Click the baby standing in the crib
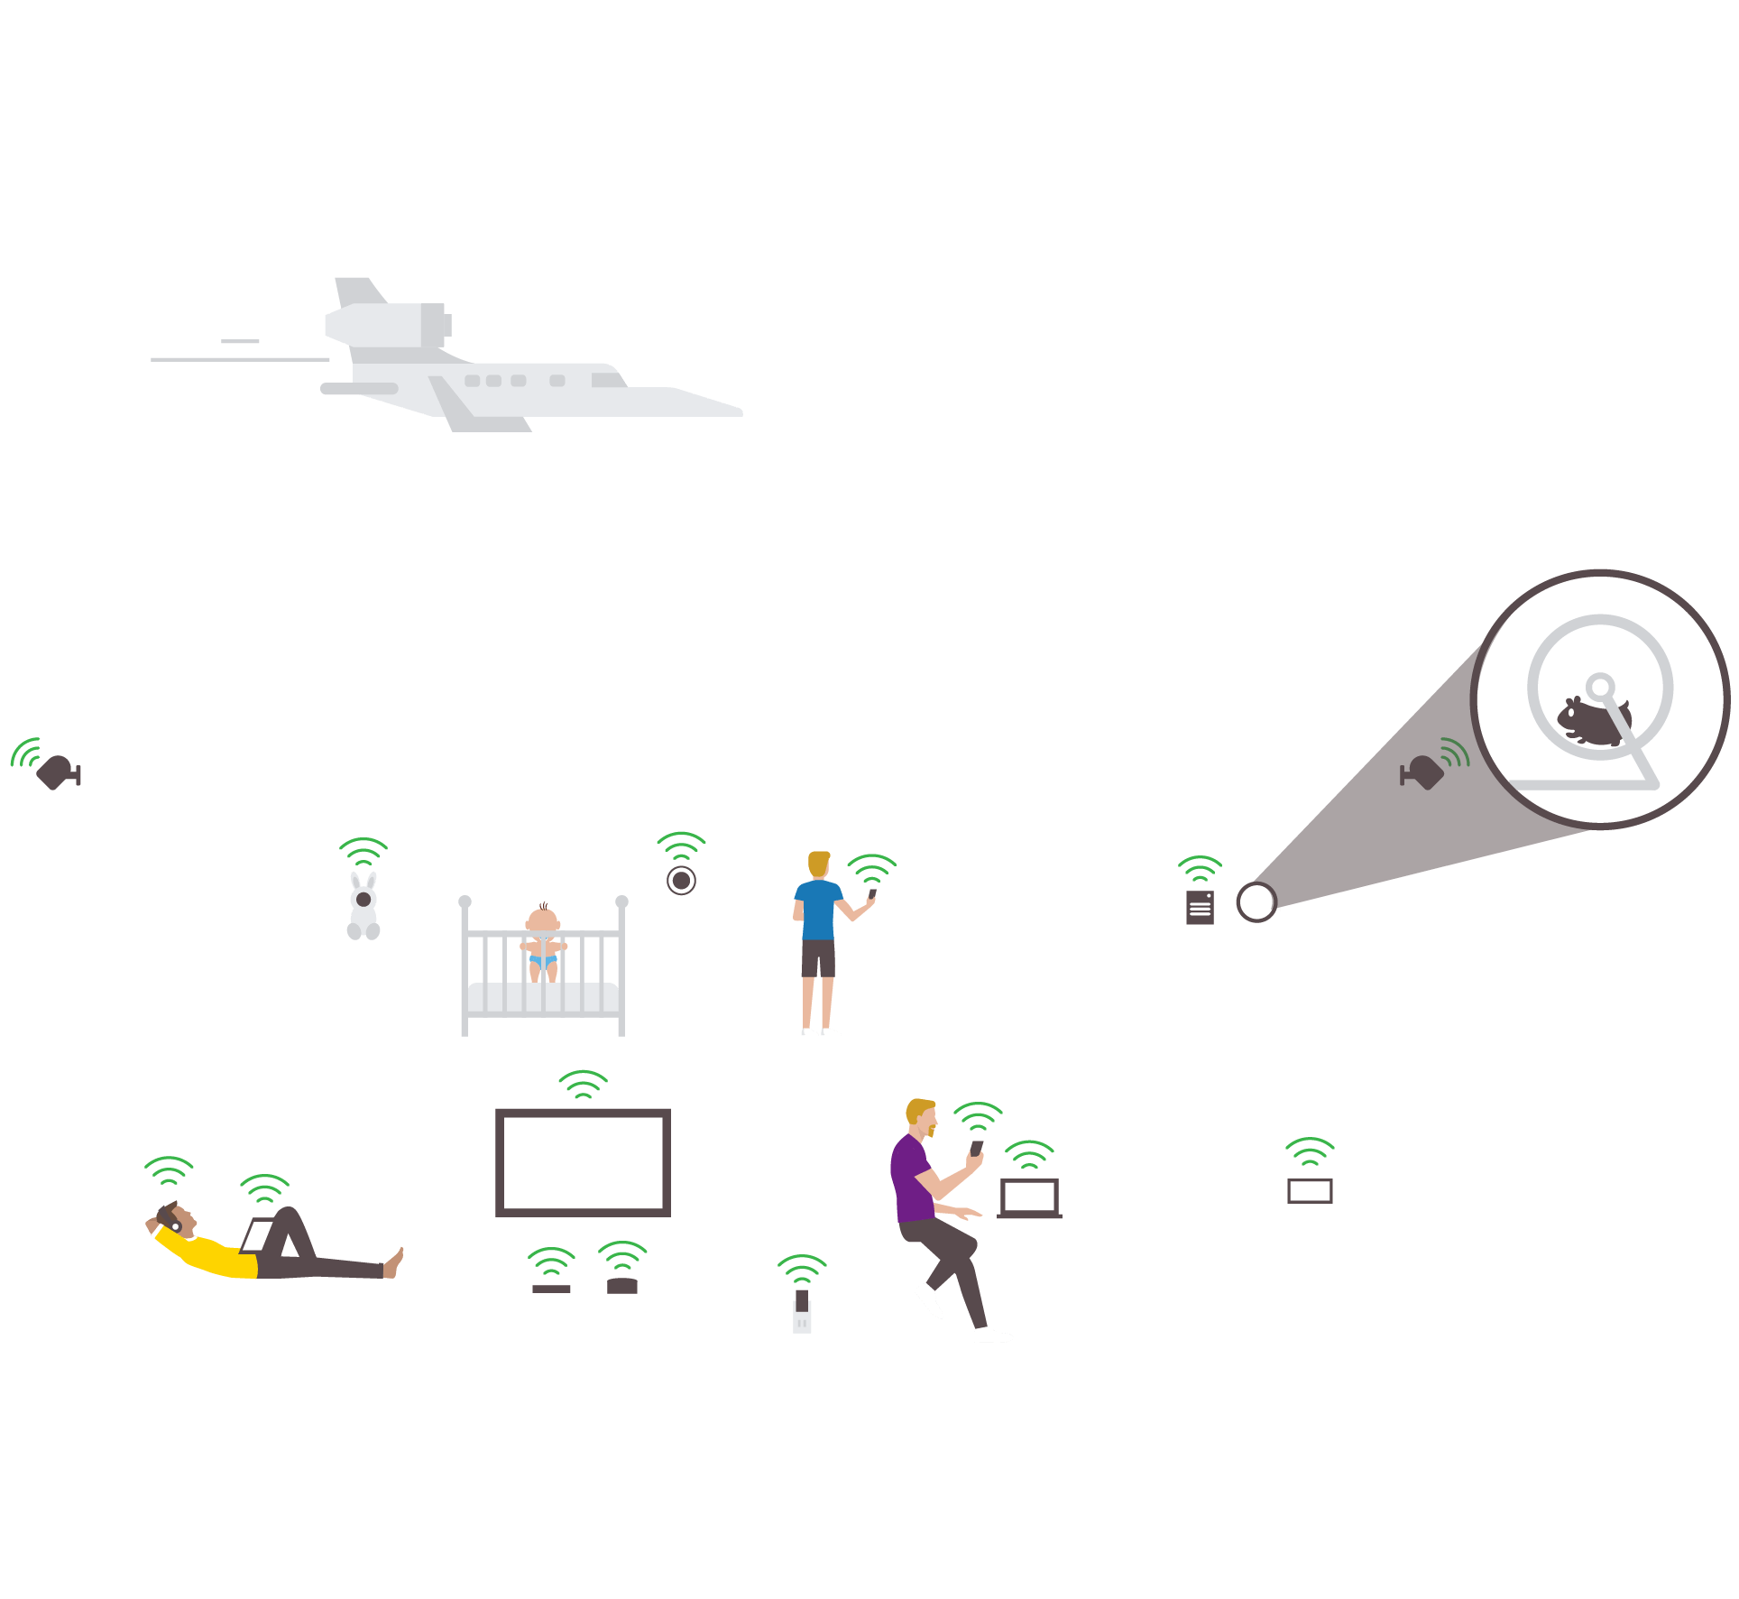click(x=543, y=938)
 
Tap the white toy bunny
click(x=363, y=907)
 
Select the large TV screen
click(x=583, y=1162)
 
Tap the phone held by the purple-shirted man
click(x=976, y=1149)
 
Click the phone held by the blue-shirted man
click(x=872, y=894)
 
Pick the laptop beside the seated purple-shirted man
click(x=1029, y=1198)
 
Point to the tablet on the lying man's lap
click(x=257, y=1235)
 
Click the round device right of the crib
click(x=681, y=880)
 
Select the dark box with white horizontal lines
click(x=1200, y=908)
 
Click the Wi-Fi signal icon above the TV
click(x=583, y=1084)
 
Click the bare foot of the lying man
click(x=394, y=1262)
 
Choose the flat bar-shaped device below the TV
click(x=551, y=1289)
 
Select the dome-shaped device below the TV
click(x=622, y=1286)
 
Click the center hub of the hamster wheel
click(x=1600, y=687)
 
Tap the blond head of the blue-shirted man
click(x=818, y=864)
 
